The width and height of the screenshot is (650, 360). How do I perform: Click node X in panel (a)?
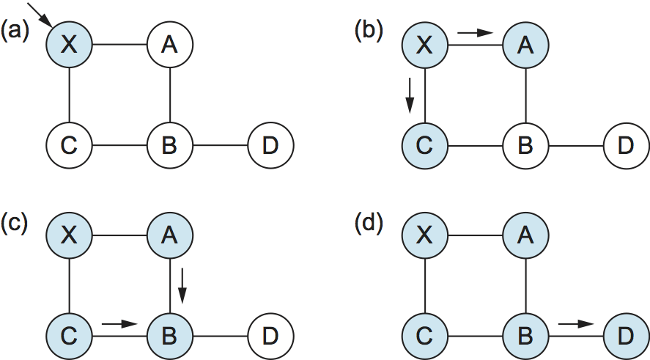click(69, 45)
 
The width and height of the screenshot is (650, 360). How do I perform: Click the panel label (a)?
click(15, 30)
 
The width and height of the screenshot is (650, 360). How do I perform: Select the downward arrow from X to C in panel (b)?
click(410, 92)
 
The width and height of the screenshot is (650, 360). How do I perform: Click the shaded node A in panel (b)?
click(525, 45)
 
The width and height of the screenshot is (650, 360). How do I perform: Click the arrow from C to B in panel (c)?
click(119, 322)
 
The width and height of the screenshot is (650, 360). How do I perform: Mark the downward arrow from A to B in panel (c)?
click(183, 287)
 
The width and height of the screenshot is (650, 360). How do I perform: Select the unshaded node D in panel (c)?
click(270, 337)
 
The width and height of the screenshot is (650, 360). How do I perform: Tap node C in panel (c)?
click(69, 337)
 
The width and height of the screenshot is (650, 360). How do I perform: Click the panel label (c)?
click(15, 221)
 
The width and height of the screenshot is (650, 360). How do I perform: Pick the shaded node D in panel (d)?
click(625, 337)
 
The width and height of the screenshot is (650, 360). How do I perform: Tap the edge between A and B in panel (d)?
click(525, 286)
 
